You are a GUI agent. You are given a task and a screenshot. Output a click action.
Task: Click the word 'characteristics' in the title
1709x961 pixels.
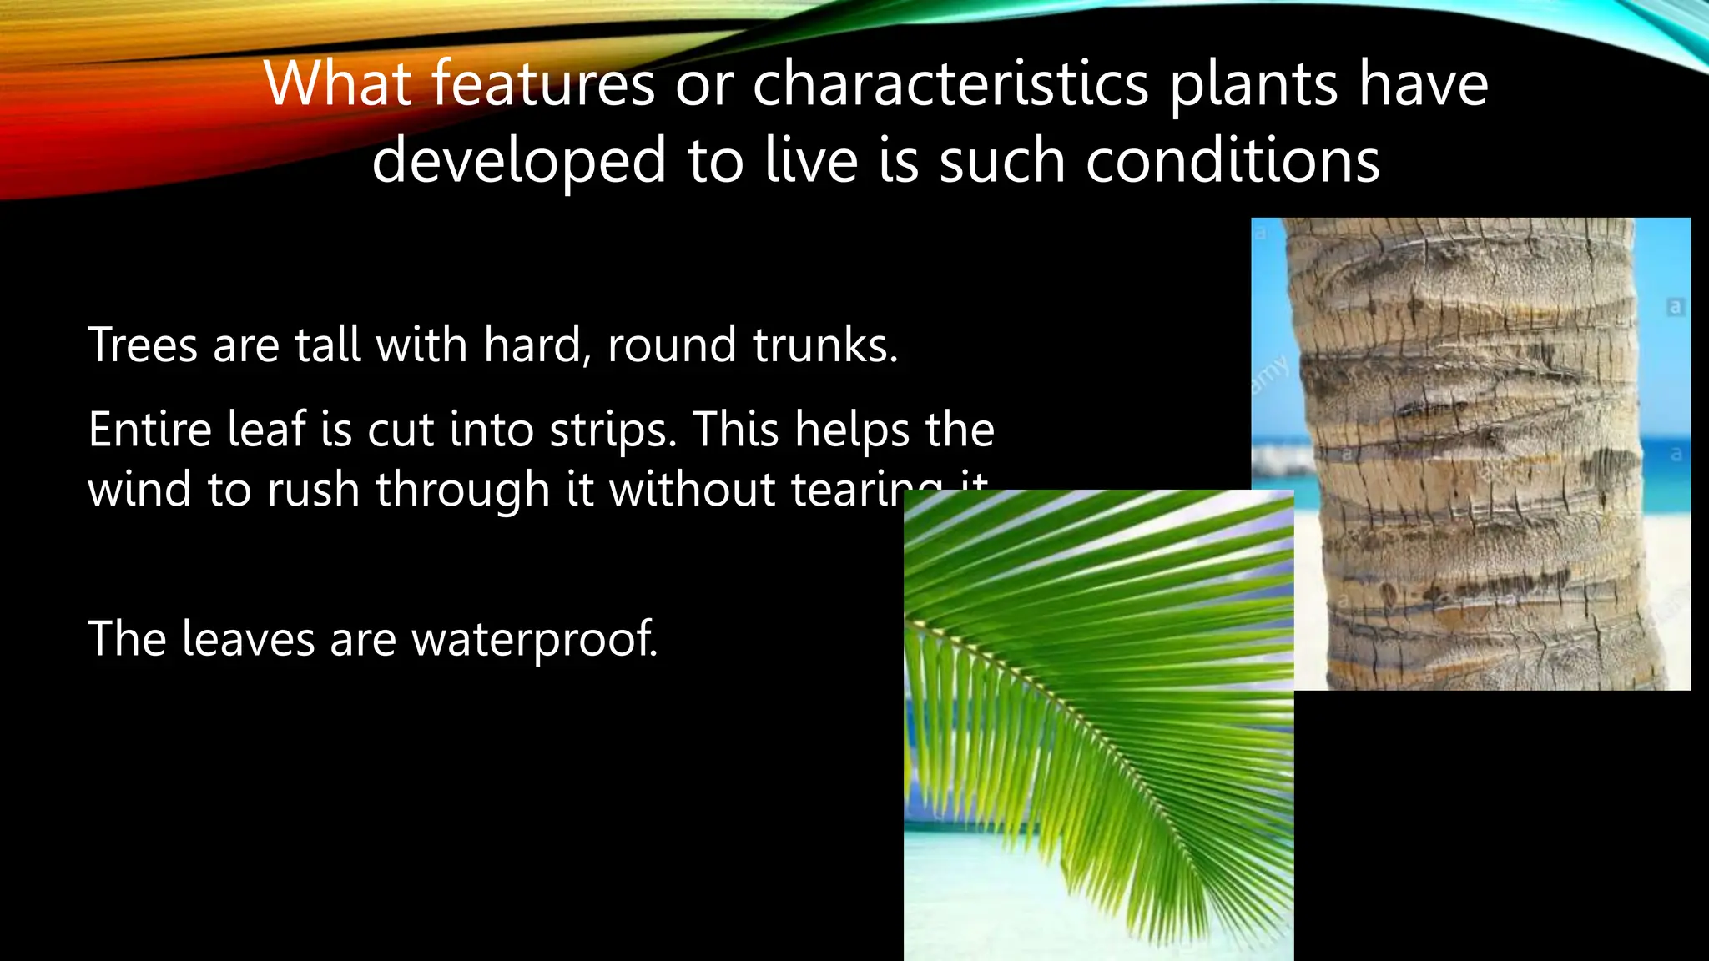coord(950,84)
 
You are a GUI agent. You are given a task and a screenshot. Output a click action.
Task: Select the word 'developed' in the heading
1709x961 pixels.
coord(518,162)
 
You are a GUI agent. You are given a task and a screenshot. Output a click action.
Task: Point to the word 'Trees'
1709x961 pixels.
coord(143,345)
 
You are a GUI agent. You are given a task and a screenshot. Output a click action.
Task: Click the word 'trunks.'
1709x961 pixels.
coord(824,345)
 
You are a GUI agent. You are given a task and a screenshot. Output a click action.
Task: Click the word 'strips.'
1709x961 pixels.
coord(613,431)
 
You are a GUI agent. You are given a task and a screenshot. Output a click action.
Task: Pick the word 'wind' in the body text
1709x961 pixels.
coord(139,489)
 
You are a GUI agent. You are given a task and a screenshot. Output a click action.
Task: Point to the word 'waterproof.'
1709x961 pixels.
coord(534,641)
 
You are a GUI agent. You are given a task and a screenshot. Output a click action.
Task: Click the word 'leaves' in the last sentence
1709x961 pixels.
coord(248,639)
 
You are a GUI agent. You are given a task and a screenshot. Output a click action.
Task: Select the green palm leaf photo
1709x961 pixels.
coord(1098,726)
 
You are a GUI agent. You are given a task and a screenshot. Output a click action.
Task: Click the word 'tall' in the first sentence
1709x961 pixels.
coord(328,345)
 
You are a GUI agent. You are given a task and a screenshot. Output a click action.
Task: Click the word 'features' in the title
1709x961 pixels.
coord(543,84)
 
